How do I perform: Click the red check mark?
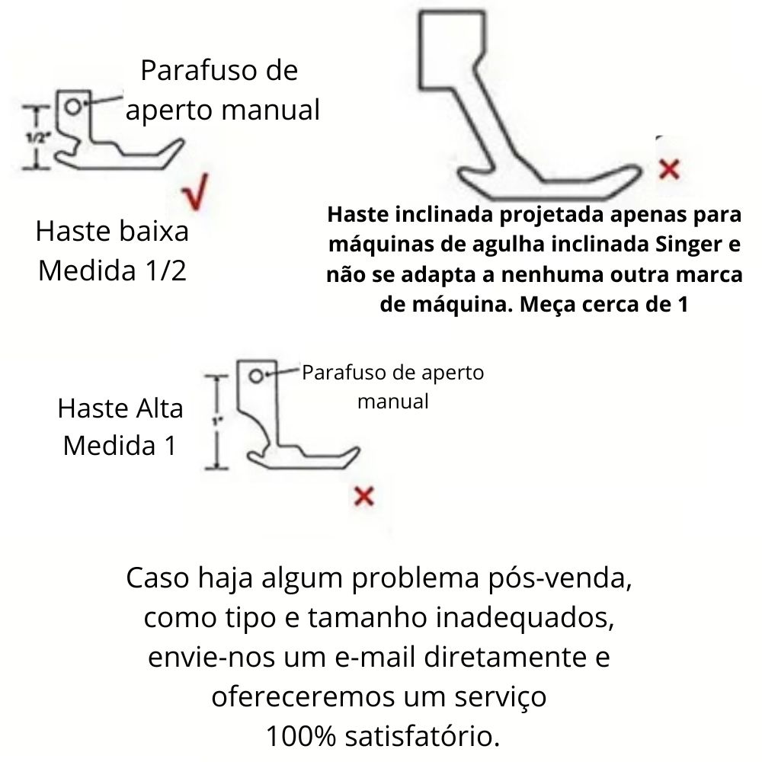tap(197, 194)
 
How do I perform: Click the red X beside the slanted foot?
tap(668, 168)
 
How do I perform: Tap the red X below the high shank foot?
tap(364, 497)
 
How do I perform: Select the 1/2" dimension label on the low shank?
tap(36, 138)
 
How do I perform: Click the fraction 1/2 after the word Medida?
tap(166, 271)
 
